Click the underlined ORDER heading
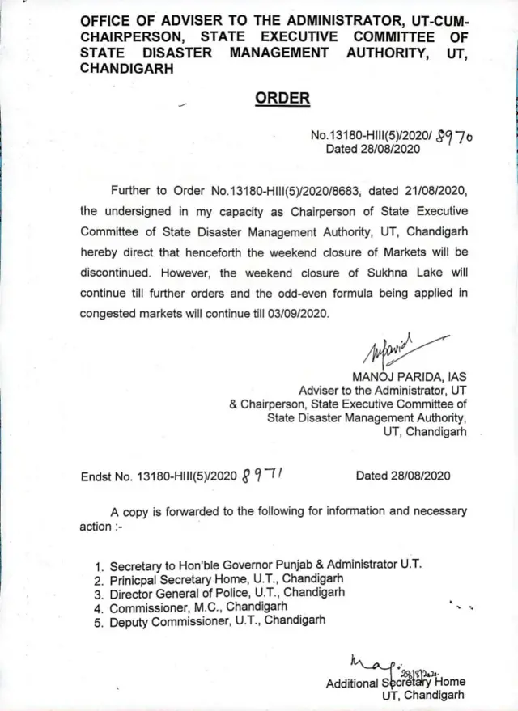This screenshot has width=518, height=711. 282,99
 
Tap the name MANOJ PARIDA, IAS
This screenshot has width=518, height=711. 409,376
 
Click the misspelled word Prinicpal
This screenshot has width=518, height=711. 135,579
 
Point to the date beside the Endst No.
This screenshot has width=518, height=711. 403,476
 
